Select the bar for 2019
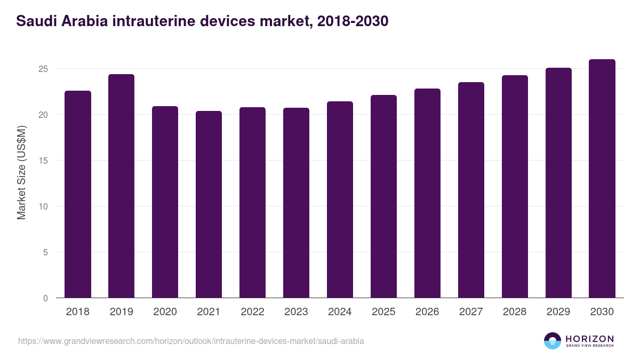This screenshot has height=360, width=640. [x=121, y=186]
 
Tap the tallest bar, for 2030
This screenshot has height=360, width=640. [x=602, y=179]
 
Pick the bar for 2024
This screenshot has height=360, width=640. [x=340, y=199]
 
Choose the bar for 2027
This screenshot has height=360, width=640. [x=471, y=190]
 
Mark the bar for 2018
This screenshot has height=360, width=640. [x=78, y=194]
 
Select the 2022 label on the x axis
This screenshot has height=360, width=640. [x=252, y=312]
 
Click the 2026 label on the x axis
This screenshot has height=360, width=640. [x=427, y=312]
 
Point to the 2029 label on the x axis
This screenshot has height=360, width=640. [x=558, y=312]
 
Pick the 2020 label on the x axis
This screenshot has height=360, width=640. [x=165, y=312]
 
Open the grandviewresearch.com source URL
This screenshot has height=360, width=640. [x=191, y=341]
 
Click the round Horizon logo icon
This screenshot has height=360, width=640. [x=553, y=341]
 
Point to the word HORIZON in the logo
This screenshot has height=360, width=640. [x=589, y=339]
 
